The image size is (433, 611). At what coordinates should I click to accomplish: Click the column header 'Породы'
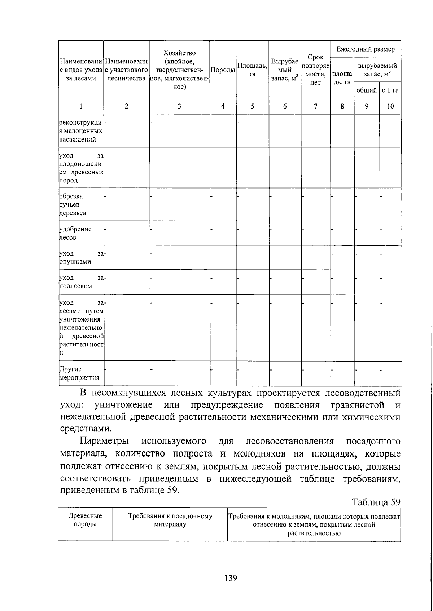tap(223, 70)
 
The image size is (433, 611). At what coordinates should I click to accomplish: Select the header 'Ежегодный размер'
tap(365, 49)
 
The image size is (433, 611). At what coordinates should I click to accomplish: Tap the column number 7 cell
tap(315, 106)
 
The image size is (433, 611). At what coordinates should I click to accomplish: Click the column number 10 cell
tap(390, 106)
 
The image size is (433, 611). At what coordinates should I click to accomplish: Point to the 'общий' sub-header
tap(366, 90)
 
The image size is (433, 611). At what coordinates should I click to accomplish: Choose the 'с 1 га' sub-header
tap(390, 90)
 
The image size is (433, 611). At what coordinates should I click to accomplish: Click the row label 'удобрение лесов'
tap(76, 233)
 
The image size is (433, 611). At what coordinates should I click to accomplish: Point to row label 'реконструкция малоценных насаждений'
tap(80, 131)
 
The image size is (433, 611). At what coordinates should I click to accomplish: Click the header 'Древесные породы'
tap(85, 520)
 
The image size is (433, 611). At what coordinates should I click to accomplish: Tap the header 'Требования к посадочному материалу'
tap(170, 520)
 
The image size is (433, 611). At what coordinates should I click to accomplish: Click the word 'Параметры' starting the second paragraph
tap(104, 441)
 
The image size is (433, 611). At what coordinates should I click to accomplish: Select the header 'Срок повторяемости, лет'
tap(315, 70)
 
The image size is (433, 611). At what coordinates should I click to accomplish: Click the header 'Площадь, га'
tap(252, 70)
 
